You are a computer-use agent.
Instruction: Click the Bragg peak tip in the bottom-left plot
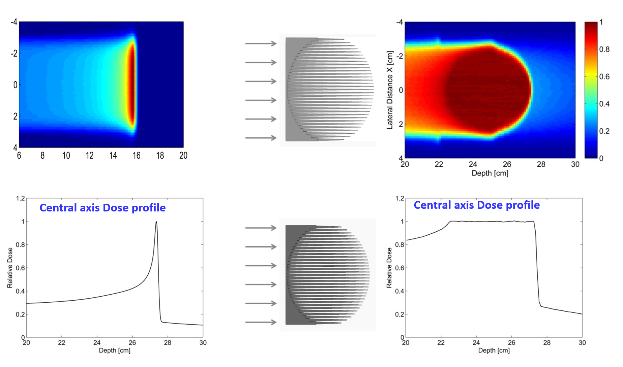pyautogui.click(x=156, y=222)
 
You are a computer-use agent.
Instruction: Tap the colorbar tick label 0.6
pyautogui.click(x=604, y=77)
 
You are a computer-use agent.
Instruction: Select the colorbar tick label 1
pyautogui.click(x=601, y=22)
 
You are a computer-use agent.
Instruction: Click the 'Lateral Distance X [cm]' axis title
pyautogui.click(x=390, y=90)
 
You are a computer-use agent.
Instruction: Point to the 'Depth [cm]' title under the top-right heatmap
pyautogui.click(x=490, y=173)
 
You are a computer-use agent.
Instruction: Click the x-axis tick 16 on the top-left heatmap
pyautogui.click(x=136, y=156)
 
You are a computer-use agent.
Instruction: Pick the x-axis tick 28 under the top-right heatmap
pyautogui.click(x=541, y=164)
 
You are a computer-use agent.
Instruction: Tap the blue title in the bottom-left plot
pyautogui.click(x=102, y=208)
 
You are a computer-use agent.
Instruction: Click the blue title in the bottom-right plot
pyautogui.click(x=477, y=205)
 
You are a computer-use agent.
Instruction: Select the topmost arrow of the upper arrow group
pyautogui.click(x=261, y=43)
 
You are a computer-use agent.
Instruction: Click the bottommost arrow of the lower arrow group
pyautogui.click(x=261, y=322)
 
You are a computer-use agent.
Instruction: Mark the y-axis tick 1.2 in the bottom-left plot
pyautogui.click(x=20, y=198)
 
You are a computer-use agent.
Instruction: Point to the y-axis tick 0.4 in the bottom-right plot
pyautogui.click(x=399, y=291)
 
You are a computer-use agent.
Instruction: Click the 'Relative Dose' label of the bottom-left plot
pyautogui.click(x=10, y=268)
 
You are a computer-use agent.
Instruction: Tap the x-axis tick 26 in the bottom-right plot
pyautogui.click(x=511, y=342)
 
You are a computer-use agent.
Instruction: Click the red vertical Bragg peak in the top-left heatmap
pyautogui.click(x=132, y=84)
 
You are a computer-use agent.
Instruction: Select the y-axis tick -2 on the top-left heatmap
pyautogui.click(x=14, y=53)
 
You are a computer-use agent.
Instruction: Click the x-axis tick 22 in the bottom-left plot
pyautogui.click(x=61, y=342)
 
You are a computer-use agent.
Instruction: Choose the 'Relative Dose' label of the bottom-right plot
pyautogui.click(x=389, y=268)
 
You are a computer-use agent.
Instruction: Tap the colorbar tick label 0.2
pyautogui.click(x=604, y=131)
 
